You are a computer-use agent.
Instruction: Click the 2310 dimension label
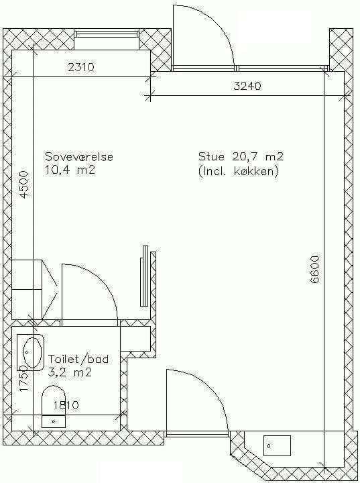click(x=80, y=67)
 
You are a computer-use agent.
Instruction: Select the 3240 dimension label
click(x=247, y=86)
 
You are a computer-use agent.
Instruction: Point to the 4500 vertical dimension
click(x=23, y=185)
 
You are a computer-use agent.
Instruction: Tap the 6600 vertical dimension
click(x=315, y=270)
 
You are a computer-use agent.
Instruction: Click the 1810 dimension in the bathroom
click(x=66, y=405)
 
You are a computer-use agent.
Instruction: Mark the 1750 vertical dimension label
click(x=24, y=378)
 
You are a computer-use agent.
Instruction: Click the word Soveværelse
click(x=79, y=157)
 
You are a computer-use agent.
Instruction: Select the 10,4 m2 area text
click(x=70, y=170)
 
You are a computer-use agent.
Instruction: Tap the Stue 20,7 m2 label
click(x=241, y=156)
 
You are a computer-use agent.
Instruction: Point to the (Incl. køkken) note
click(x=239, y=171)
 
